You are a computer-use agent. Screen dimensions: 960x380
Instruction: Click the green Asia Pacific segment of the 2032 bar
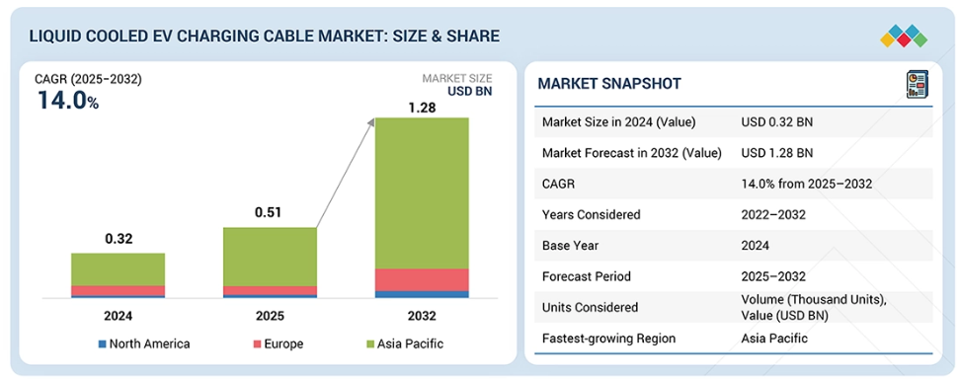pos(422,192)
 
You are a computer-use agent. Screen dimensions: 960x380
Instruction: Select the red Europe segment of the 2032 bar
pos(422,279)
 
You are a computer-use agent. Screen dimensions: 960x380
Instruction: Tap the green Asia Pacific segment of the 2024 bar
pos(119,269)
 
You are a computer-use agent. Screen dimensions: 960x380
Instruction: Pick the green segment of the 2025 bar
pos(270,257)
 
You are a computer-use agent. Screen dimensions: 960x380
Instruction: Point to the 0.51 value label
pos(270,213)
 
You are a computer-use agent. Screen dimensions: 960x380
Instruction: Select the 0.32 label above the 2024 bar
pos(119,238)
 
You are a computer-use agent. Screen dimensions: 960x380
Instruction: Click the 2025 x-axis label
pos(270,316)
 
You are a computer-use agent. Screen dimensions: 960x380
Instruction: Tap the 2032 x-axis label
pos(421,316)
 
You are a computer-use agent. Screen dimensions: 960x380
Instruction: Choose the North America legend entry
pos(144,343)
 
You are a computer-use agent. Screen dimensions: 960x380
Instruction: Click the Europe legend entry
pos(278,343)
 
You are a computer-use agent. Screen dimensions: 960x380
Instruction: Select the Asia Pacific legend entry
pos(404,343)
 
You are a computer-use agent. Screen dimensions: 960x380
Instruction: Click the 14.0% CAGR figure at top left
pos(68,101)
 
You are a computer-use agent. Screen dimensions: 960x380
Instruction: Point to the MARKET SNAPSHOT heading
pos(609,84)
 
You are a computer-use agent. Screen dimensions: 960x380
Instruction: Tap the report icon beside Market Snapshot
pos(917,84)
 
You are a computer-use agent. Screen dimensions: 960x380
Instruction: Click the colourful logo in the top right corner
pos(904,37)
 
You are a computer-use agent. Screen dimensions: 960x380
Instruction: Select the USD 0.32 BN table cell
pos(777,121)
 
